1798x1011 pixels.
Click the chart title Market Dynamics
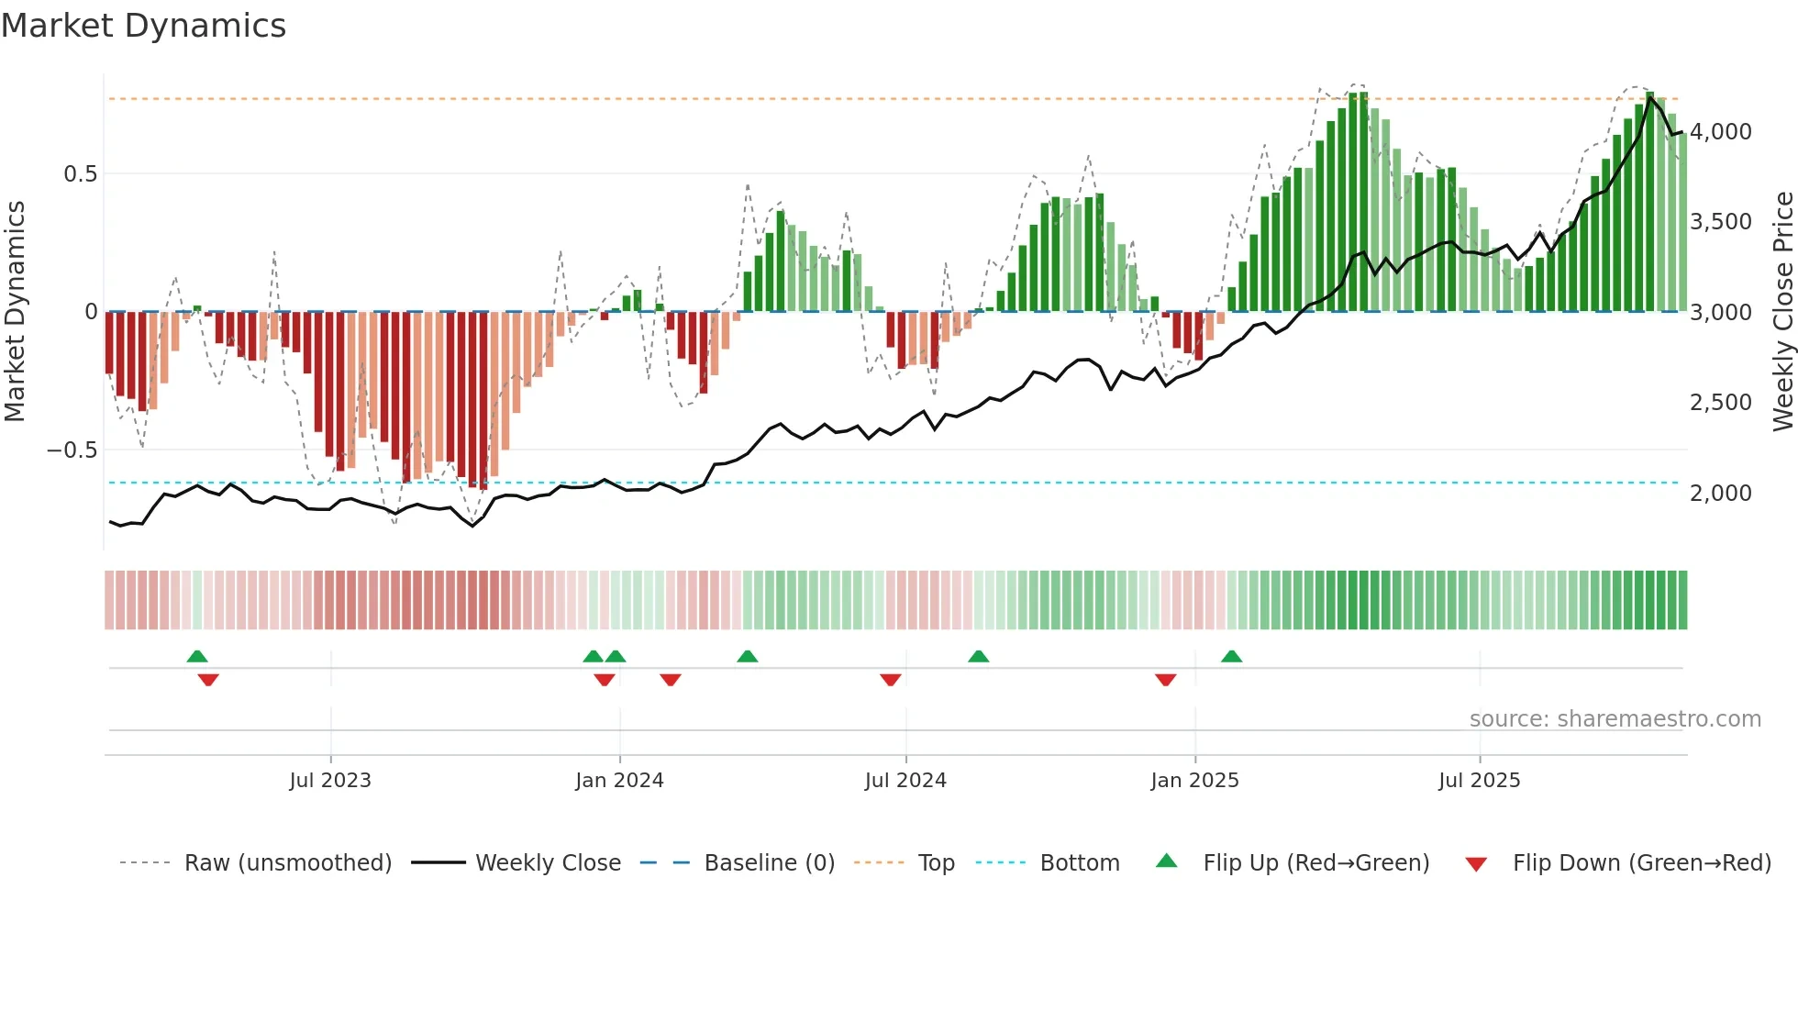[143, 26]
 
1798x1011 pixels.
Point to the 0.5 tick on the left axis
[80, 174]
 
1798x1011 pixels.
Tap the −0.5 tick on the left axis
[72, 450]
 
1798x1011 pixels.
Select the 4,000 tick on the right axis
[1720, 132]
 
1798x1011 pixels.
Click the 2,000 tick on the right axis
[1720, 494]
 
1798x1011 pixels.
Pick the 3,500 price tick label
[1720, 222]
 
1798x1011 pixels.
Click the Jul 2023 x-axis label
[330, 781]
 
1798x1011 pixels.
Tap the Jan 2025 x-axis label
[1194, 781]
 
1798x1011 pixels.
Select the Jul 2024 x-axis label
[905, 781]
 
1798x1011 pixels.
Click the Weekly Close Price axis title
[1782, 312]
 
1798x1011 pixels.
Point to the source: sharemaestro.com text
[1615, 719]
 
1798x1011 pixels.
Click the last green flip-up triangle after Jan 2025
[1231, 657]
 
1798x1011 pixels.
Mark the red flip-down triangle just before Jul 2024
[890, 679]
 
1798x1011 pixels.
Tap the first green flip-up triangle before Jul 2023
[197, 657]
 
